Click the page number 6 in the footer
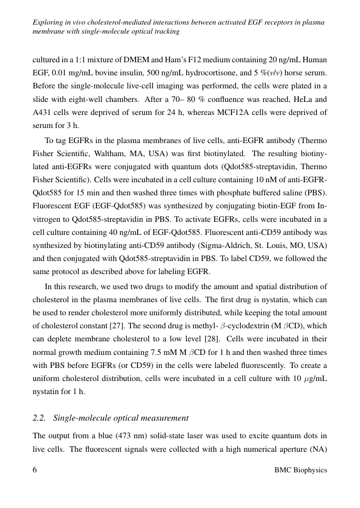pos(35,470)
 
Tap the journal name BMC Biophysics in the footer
pos(301,470)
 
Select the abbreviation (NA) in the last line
pos(317,447)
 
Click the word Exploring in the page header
pos(48,22)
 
